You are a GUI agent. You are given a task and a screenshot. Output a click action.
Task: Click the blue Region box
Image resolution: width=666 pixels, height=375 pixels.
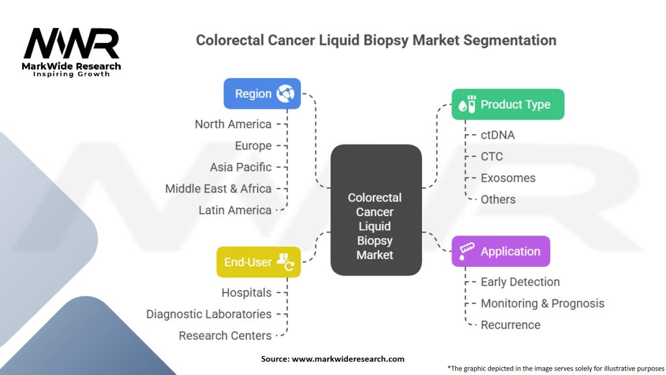(x=262, y=94)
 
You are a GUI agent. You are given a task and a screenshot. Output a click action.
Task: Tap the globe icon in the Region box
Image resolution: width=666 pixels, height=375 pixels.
(x=285, y=94)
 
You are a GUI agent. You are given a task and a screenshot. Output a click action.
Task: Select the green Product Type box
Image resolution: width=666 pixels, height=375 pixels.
(x=508, y=104)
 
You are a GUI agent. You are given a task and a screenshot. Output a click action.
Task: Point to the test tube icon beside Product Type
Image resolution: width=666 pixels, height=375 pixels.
(x=467, y=105)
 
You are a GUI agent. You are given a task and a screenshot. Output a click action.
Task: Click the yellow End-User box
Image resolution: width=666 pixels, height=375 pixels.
(x=258, y=262)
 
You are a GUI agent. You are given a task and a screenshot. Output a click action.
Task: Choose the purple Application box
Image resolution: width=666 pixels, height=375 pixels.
(x=501, y=251)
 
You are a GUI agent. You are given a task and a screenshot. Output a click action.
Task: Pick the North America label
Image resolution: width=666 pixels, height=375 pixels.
(x=233, y=124)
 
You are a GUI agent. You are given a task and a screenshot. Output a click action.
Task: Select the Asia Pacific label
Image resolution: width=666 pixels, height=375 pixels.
(x=241, y=167)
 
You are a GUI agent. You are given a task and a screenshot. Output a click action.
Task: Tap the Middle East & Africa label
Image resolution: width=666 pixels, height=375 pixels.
(x=218, y=188)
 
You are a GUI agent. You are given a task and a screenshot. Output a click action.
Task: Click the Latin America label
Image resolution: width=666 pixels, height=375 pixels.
(x=235, y=210)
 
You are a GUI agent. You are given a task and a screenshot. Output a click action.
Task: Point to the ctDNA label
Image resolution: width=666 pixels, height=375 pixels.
(x=498, y=135)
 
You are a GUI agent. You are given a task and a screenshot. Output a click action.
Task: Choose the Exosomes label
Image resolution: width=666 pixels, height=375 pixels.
(x=508, y=178)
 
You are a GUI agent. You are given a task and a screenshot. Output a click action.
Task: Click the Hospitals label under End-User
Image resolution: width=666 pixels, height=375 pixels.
(x=246, y=292)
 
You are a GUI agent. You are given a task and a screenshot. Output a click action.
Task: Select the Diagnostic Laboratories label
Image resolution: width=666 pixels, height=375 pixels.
(x=209, y=314)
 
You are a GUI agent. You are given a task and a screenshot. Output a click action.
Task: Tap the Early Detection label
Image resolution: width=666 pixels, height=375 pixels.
(x=520, y=282)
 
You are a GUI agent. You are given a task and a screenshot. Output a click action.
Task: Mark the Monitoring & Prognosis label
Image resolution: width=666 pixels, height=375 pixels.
(x=542, y=303)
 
